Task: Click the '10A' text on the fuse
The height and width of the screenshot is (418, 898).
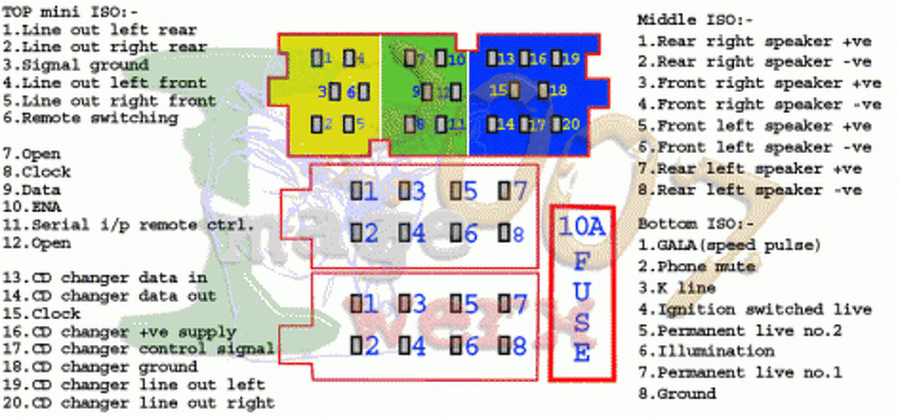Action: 582,226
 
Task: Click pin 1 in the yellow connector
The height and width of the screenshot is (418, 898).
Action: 316,58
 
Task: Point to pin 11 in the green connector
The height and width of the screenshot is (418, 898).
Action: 440,124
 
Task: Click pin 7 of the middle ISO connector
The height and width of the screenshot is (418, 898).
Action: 504,190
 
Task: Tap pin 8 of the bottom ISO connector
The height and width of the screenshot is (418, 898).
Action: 504,345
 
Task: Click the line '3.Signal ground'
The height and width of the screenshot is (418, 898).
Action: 76,65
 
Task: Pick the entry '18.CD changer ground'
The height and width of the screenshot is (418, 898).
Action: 100,367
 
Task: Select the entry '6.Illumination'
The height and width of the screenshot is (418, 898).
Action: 706,351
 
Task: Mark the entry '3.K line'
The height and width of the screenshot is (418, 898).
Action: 676,288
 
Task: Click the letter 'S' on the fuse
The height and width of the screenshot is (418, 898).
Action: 582,321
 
